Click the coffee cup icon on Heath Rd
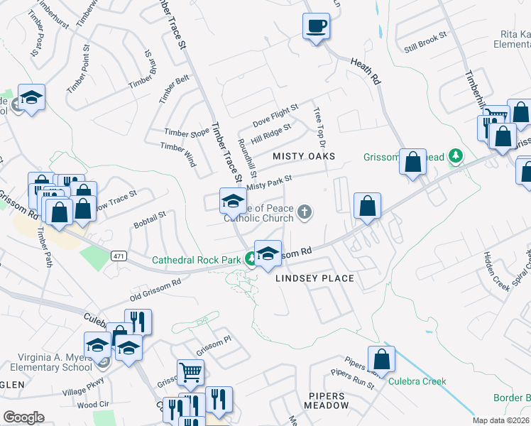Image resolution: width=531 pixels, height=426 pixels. pos(317,27)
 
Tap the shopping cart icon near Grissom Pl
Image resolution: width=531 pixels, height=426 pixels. pos(190,371)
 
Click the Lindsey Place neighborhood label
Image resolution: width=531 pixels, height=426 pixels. pos(315,278)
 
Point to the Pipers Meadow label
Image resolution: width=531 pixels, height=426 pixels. pos(328,400)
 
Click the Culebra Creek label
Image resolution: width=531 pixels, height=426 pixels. pos(417,381)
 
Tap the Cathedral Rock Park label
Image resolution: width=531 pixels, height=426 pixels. pos(197,260)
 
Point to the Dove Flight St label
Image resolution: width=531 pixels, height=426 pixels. pos(275,113)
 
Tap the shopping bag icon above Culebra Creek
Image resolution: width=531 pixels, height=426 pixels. pos(382,360)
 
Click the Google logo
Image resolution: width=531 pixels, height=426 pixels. pos(23,417)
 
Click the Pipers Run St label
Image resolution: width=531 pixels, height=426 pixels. pos(352,378)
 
